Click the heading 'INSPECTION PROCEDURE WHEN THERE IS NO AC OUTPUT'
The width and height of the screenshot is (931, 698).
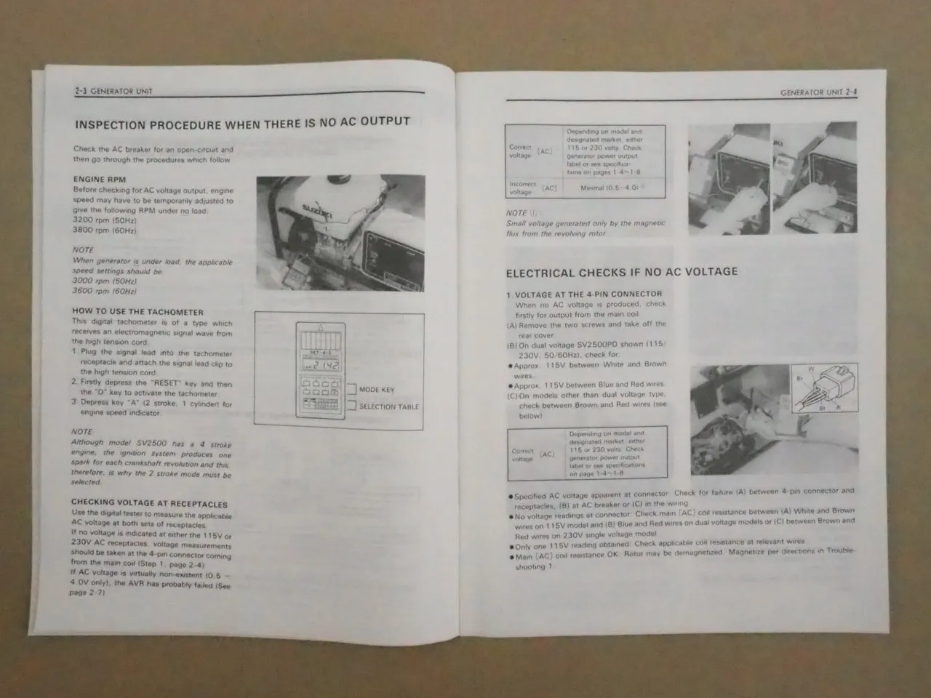(x=242, y=124)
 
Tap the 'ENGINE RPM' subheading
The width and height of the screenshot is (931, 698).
(x=100, y=179)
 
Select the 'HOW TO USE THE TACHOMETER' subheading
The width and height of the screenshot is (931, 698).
(x=137, y=311)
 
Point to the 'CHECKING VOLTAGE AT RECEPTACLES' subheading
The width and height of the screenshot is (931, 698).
(x=149, y=503)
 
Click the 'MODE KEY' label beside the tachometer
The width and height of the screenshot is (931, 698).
(x=377, y=390)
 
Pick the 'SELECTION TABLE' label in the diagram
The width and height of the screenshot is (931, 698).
(x=388, y=406)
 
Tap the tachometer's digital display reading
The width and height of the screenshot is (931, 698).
(x=324, y=365)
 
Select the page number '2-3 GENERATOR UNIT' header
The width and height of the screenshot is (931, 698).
(x=113, y=92)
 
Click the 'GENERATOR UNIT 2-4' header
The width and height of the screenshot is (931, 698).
(x=818, y=93)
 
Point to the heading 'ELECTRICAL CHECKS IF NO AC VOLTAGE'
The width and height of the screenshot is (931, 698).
(x=621, y=273)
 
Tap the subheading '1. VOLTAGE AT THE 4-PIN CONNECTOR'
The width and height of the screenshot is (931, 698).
(x=584, y=294)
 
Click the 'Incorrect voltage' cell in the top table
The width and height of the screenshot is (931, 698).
(x=521, y=188)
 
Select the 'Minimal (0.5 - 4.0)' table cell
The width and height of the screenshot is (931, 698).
(x=610, y=188)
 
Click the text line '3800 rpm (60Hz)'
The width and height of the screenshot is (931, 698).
(x=105, y=230)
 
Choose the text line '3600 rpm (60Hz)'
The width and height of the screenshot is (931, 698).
(x=104, y=291)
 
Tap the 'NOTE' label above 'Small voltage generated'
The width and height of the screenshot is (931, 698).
(x=516, y=213)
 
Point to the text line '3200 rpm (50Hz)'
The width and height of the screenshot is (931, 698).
(x=105, y=220)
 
